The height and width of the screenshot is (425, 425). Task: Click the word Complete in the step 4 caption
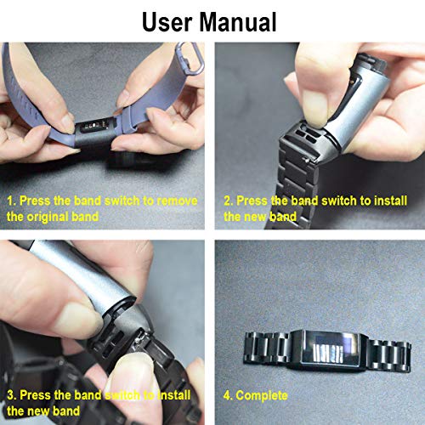[x=262, y=395]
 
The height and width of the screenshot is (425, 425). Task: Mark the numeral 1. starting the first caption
[x=11, y=201]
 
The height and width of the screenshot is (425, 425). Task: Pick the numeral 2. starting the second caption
[x=229, y=201]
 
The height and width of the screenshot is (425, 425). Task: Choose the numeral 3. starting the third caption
[x=11, y=395]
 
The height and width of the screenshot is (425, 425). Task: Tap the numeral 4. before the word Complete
[x=229, y=395]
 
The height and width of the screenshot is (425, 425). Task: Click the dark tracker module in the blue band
[x=95, y=133]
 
